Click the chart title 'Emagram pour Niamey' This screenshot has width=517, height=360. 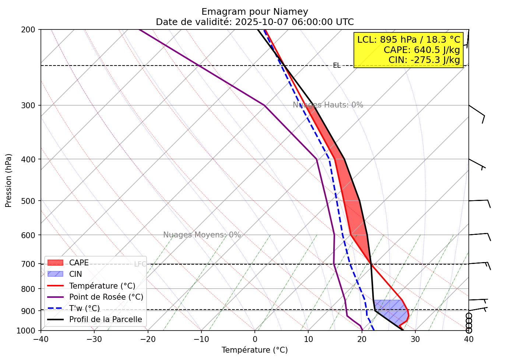(254, 12)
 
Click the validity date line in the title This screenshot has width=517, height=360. (254, 22)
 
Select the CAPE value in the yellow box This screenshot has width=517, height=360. (422, 50)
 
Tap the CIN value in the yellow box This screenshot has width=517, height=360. (424, 60)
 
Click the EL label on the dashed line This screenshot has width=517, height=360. (337, 66)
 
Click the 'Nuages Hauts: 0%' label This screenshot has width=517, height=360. (328, 105)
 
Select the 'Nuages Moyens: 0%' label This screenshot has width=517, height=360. (202, 235)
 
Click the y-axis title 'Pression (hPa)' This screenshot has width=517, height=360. (8, 180)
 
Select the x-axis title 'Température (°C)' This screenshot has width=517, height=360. (254, 350)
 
